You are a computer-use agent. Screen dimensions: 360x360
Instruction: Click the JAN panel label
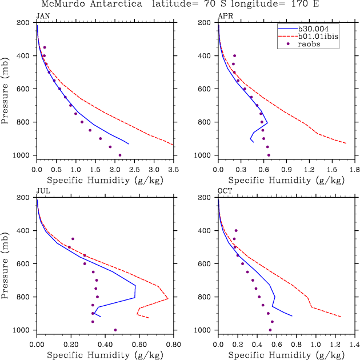(42, 15)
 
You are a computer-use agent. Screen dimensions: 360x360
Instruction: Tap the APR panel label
(224, 15)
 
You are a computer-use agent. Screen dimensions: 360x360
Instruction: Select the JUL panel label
(42, 191)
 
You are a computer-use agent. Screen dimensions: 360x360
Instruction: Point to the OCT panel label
(224, 191)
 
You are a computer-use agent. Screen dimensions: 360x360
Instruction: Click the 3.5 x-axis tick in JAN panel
(173, 170)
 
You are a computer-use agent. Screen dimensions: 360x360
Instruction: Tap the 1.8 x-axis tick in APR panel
(354, 170)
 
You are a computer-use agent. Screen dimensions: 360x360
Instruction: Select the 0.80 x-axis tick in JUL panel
(173, 345)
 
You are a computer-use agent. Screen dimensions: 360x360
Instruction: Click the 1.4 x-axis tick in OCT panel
(354, 345)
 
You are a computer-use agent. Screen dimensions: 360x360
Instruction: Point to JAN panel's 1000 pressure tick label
(23, 155)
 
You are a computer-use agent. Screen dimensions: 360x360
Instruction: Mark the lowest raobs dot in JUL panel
(115, 330)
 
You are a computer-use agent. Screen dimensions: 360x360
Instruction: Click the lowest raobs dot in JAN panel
(120, 155)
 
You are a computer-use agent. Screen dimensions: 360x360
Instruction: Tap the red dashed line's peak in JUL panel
(167, 298)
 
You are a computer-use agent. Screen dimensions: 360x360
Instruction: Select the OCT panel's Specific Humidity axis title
(286, 355)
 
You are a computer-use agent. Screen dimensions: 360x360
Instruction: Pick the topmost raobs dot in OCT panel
(236, 230)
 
